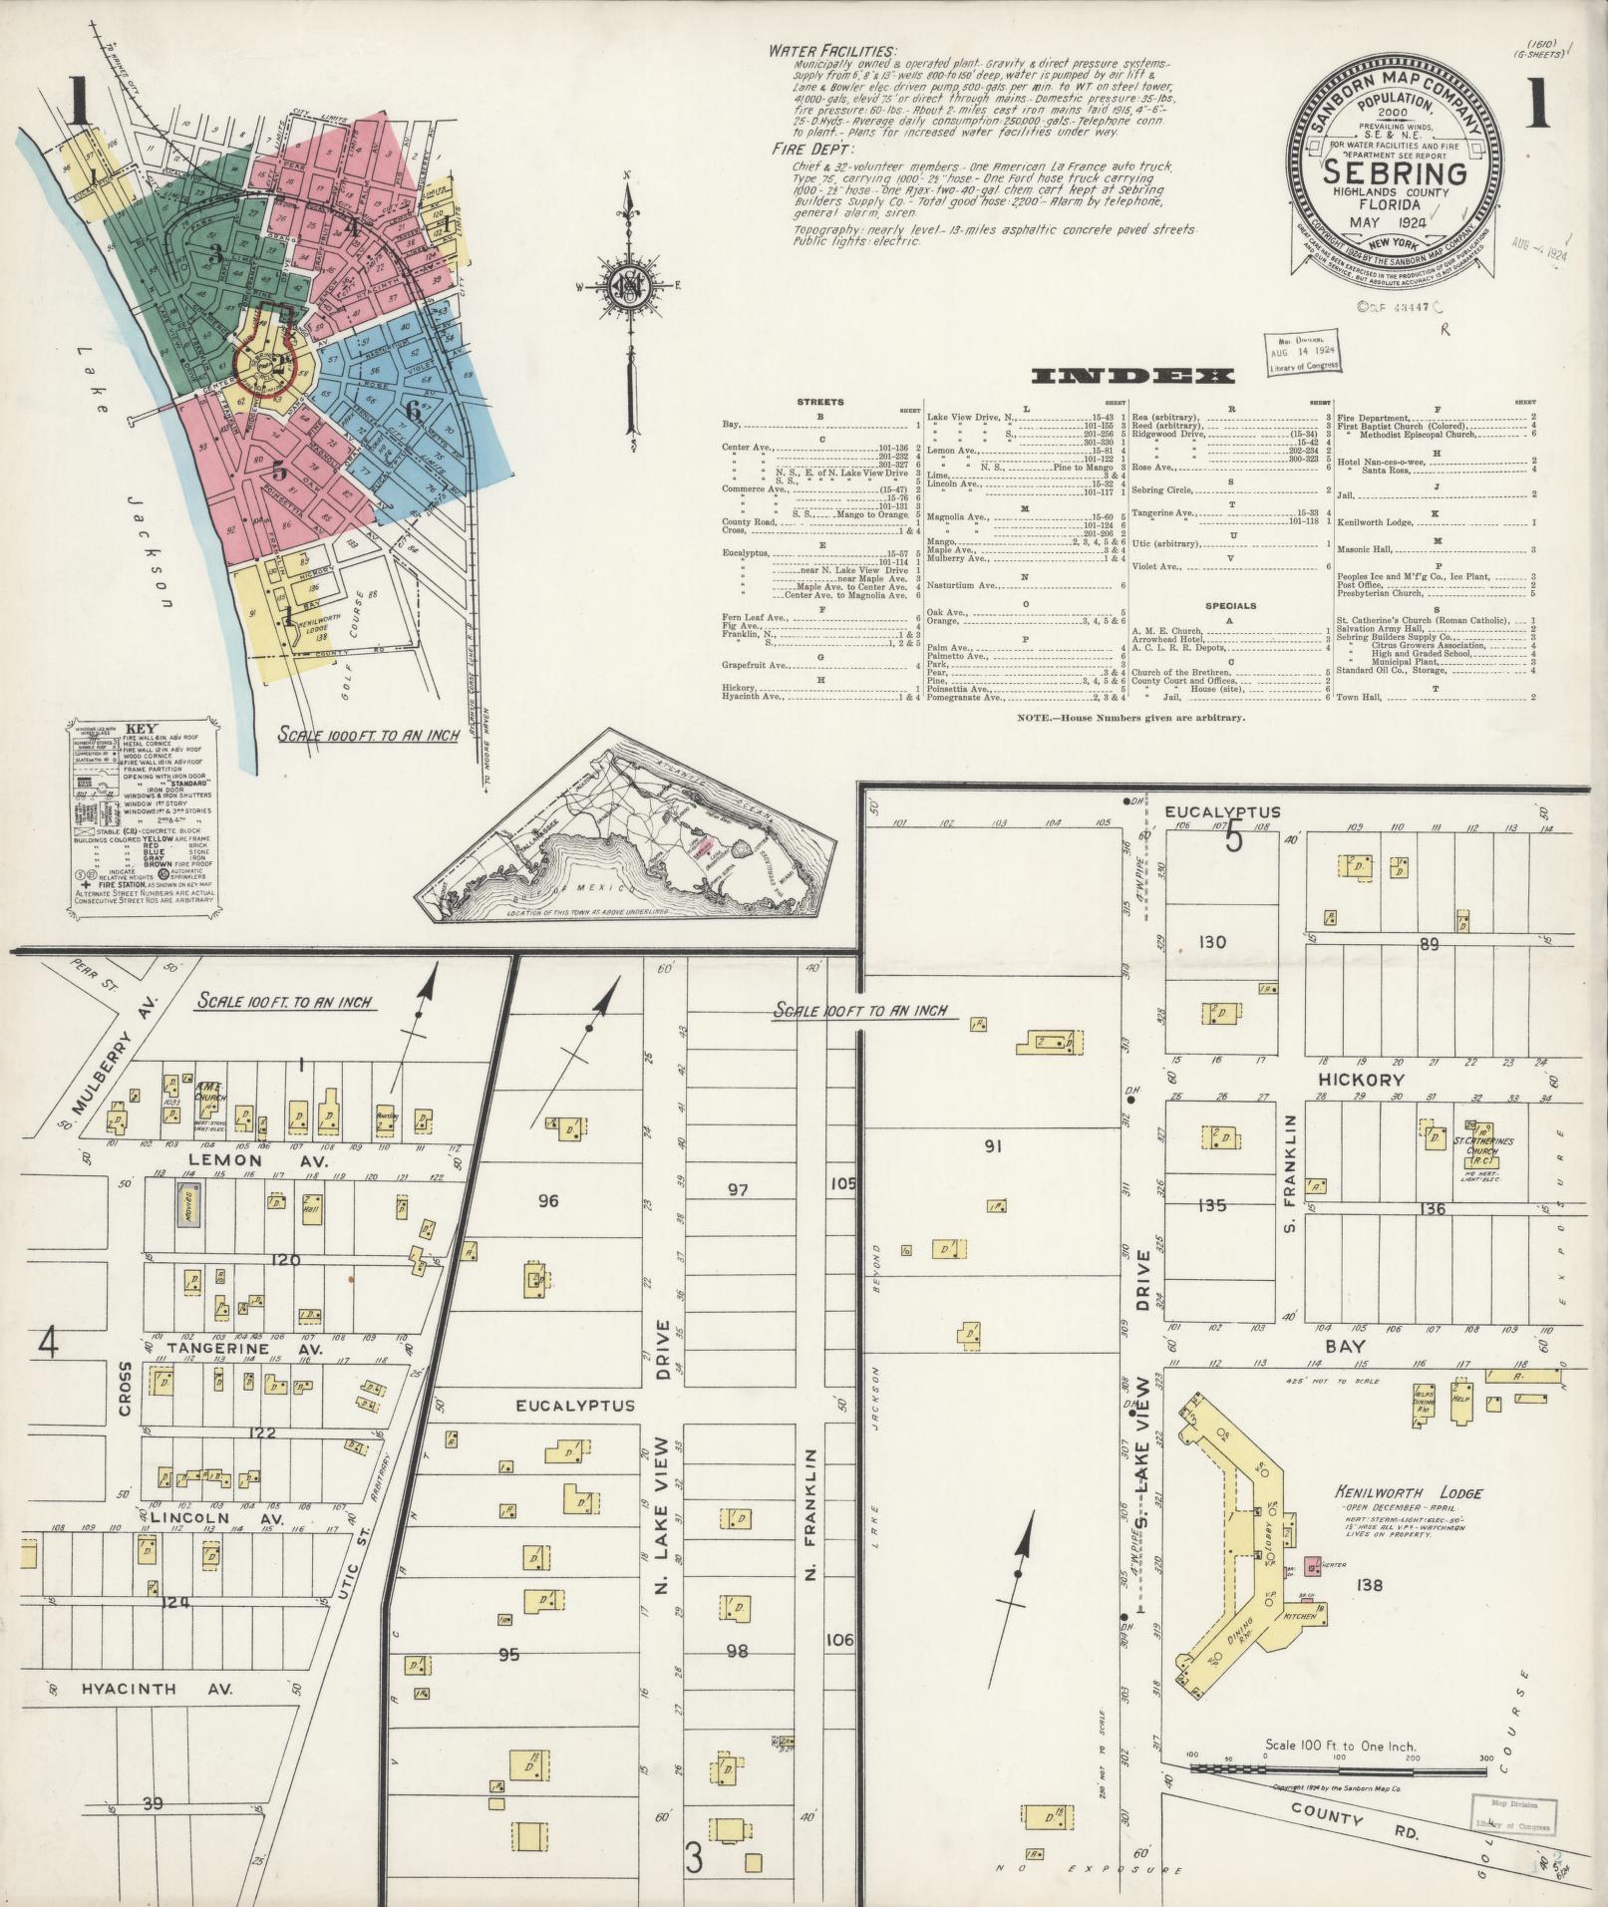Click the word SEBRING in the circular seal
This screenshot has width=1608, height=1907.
[x=1394, y=173]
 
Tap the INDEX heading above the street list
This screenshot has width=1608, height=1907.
[x=1132, y=376]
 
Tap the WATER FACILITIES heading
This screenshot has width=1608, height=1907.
[x=831, y=52]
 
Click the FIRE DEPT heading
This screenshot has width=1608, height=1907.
[x=810, y=149]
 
